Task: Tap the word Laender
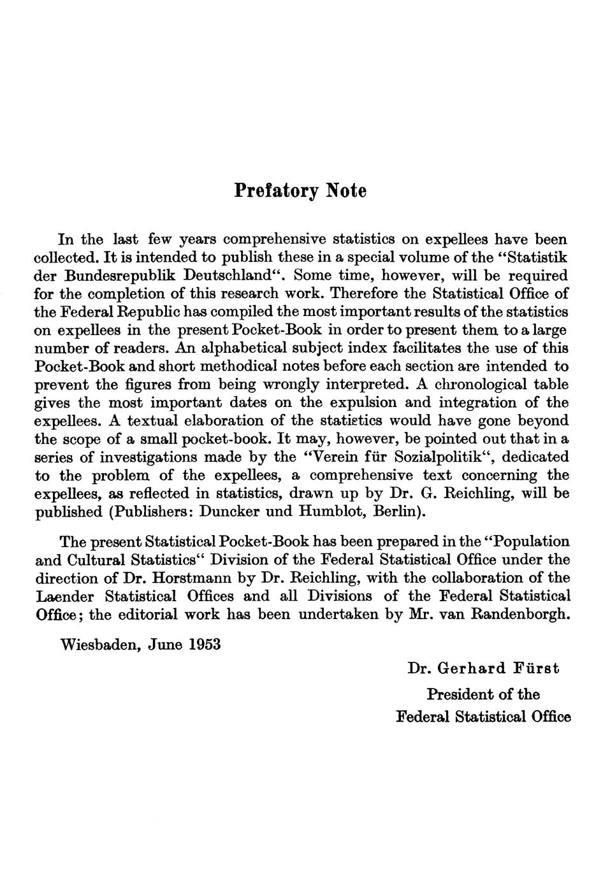click(x=64, y=597)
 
